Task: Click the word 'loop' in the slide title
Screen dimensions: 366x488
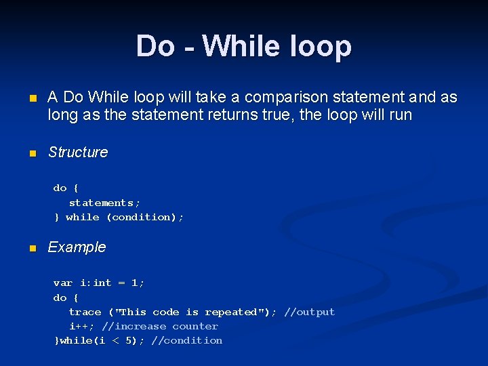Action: (323, 46)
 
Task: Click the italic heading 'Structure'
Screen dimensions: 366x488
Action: (77, 152)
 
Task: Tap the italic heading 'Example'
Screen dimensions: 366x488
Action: (77, 247)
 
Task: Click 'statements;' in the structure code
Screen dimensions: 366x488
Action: (104, 203)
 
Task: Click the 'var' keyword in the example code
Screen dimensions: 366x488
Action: (62, 283)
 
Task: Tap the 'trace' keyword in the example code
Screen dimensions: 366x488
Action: (85, 312)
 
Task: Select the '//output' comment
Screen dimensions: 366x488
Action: (310, 312)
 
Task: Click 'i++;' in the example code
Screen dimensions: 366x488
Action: (81, 326)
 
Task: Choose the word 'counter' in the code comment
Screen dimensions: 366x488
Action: (195, 326)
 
